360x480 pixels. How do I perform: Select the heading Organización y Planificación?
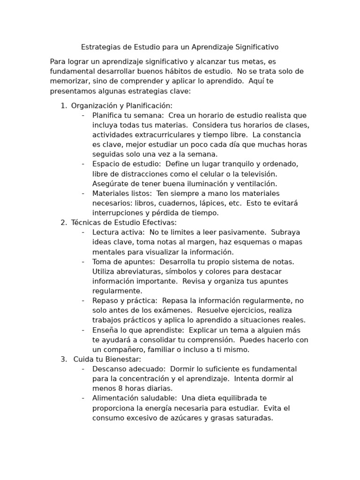121,105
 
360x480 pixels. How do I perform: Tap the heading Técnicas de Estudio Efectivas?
124,223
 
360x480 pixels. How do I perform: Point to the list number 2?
63,223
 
